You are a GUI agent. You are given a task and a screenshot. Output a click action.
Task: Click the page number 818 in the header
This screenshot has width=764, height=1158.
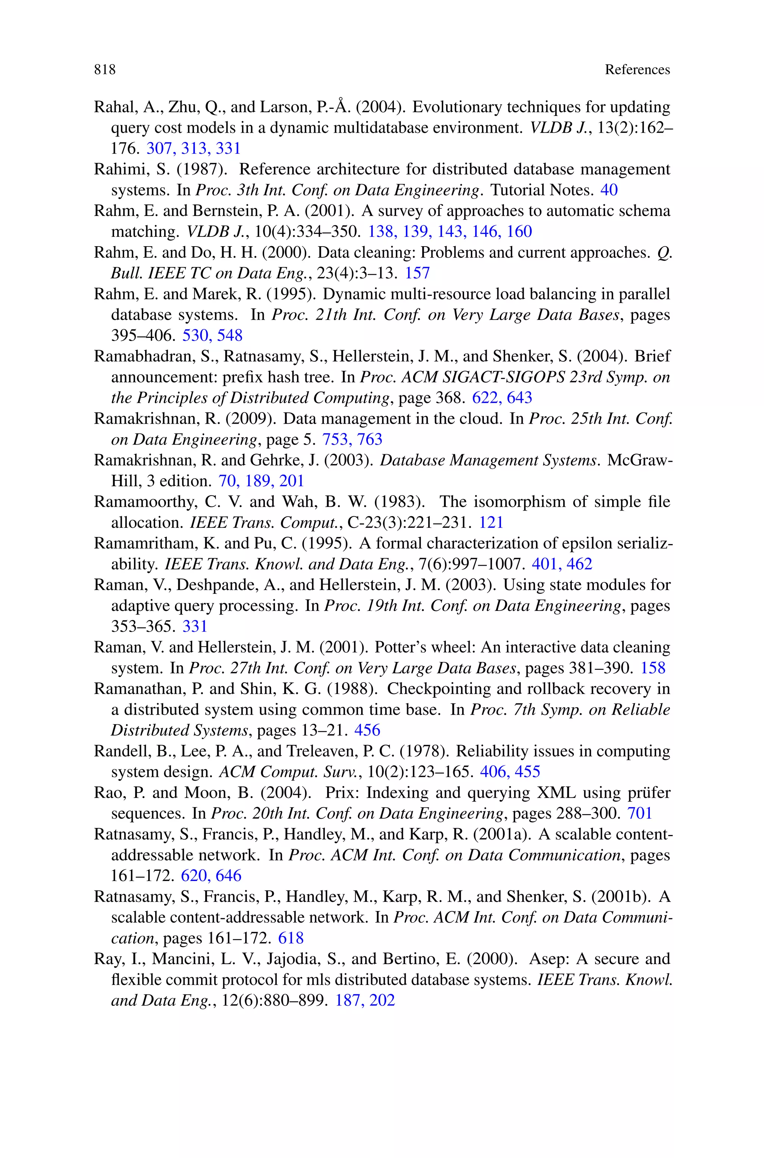click(x=105, y=70)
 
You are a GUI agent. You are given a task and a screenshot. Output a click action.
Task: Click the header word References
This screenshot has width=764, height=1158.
click(x=637, y=70)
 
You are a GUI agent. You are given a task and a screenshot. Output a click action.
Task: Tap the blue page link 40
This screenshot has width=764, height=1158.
click(x=609, y=190)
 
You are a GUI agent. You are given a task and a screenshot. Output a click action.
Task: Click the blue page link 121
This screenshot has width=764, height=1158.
click(x=491, y=522)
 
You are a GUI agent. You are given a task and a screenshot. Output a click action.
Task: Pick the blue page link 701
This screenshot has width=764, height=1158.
click(x=640, y=813)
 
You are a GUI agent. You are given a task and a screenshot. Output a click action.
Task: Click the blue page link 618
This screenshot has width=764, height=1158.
click(x=291, y=938)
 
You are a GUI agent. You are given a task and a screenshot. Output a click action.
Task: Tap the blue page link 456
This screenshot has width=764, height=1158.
click(x=367, y=731)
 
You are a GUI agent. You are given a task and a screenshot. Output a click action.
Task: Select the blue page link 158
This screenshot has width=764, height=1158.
click(x=653, y=668)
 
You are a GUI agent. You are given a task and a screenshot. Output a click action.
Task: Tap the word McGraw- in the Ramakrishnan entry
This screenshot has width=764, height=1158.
click(x=639, y=460)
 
